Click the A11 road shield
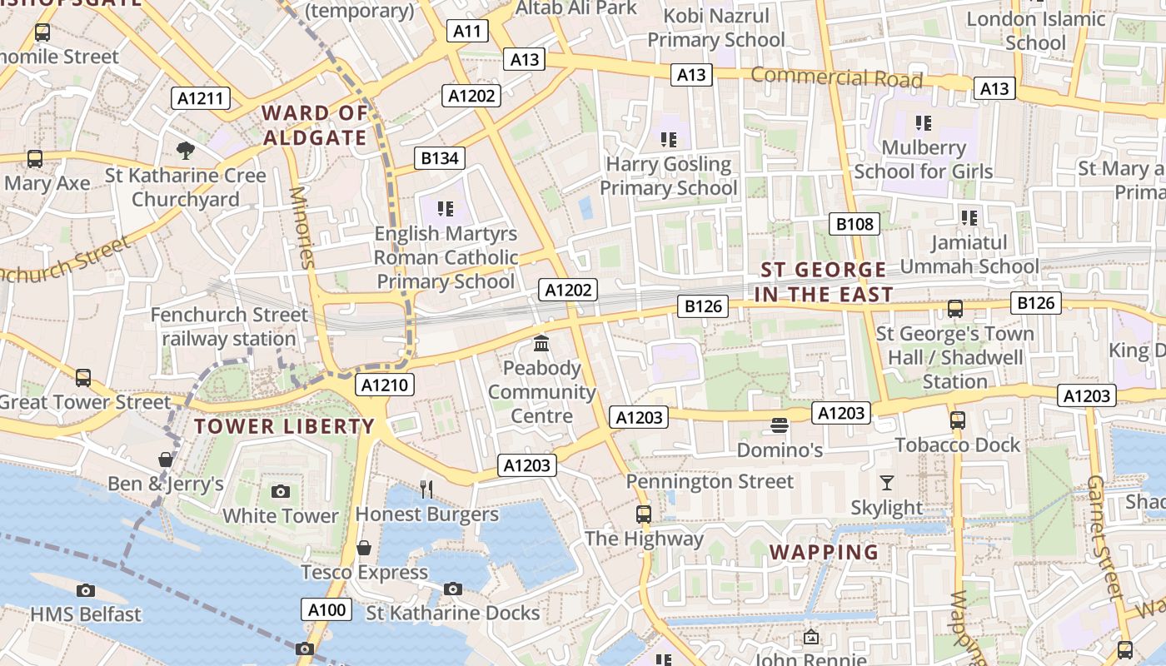pos(467,32)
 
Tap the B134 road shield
pos(440,158)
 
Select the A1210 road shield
pos(385,385)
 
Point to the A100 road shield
pos(326,609)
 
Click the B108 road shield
pos(855,223)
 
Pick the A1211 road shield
pos(201,98)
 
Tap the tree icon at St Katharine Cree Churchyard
pos(186,151)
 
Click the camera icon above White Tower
pos(281,491)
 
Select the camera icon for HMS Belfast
pos(86,590)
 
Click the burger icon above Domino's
pos(780,425)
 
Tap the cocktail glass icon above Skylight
pos(886,483)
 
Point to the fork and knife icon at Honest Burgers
pos(426,489)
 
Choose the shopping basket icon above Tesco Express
pos(364,548)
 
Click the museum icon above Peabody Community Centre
pos(541,343)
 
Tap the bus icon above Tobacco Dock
pos(957,420)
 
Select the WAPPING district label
pos(824,552)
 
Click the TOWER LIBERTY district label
pos(285,426)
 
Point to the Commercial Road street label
pos(836,77)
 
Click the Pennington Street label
pos(710,481)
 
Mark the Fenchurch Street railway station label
pos(229,327)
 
